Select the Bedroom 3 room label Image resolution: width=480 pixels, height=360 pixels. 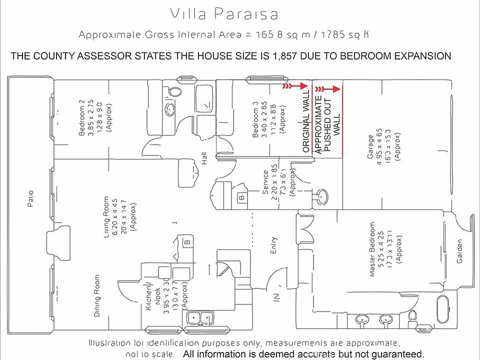pyautogui.click(x=255, y=119)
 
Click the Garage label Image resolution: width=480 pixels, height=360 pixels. pyautogui.click(x=370, y=147)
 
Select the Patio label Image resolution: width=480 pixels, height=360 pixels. pyautogui.click(x=30, y=199)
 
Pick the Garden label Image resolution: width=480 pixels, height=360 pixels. pyautogui.click(x=459, y=251)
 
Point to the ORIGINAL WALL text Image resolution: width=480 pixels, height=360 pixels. pyautogui.click(x=306, y=120)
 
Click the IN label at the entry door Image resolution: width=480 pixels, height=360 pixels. pyautogui.click(x=276, y=296)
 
